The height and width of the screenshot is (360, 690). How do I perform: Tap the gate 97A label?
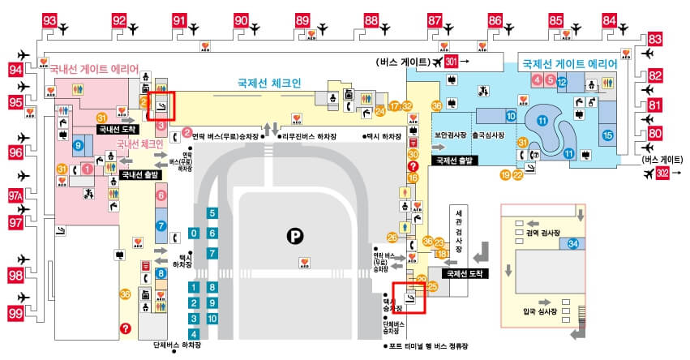coord(15,196)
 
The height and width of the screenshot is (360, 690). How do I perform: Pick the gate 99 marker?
coord(15,312)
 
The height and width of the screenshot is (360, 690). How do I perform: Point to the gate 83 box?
coord(656,40)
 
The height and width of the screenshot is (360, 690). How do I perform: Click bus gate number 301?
coord(452,61)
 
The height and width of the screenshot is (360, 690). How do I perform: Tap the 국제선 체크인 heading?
coord(269,83)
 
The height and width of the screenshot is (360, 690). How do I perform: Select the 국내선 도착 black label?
coord(118,128)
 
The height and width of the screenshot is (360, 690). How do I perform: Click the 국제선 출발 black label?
coord(456,161)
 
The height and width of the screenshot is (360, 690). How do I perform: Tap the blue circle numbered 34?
coord(573,244)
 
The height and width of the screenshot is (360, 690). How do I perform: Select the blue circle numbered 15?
coord(608,135)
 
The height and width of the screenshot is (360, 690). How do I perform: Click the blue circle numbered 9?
coord(78,146)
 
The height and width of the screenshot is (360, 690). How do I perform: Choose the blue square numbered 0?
coord(194,233)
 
